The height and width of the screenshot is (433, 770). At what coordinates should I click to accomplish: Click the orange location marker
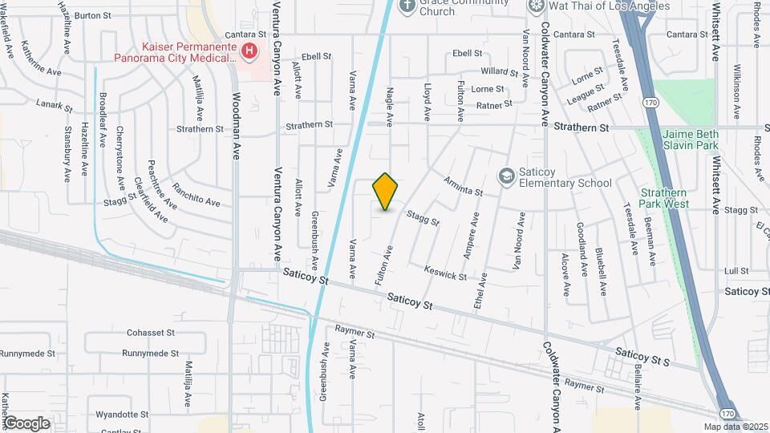point(386,192)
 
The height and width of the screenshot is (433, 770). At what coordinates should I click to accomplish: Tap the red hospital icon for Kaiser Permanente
point(249,51)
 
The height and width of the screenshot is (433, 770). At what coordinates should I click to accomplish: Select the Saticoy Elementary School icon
point(506,175)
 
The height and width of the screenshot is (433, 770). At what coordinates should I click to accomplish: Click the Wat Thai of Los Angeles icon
point(537,6)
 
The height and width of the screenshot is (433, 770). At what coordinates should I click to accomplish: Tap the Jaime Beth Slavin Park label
point(690,140)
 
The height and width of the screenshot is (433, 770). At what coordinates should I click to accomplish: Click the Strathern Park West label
point(664,198)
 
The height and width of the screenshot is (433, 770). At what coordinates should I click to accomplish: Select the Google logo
point(26,423)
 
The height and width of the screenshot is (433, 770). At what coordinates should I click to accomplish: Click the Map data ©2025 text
point(736,427)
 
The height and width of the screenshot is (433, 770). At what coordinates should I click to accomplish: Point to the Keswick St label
point(445,274)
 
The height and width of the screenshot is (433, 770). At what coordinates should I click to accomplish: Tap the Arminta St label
point(463,187)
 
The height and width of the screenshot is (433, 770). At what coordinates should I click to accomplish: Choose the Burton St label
point(92,15)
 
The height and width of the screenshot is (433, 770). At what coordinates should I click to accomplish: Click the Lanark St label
point(55,103)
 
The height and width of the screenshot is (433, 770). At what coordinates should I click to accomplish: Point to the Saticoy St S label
point(642,355)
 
